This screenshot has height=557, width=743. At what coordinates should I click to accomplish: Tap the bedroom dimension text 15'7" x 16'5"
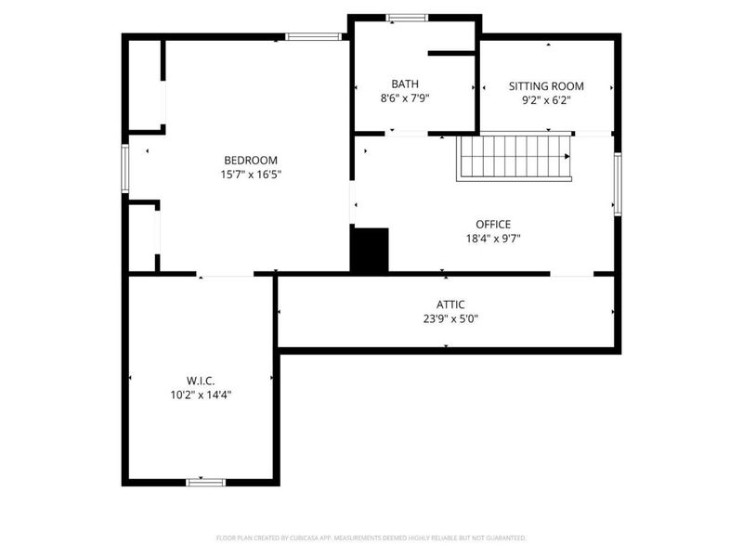coord(251,174)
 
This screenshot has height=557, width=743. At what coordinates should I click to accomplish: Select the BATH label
coord(404,83)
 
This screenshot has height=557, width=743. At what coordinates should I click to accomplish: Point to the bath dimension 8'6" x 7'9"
coord(404,97)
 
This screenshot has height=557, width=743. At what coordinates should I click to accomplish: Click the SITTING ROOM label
coord(546,86)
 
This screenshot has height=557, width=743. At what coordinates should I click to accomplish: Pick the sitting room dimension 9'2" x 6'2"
coord(546,100)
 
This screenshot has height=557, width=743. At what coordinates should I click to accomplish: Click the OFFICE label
coord(493,224)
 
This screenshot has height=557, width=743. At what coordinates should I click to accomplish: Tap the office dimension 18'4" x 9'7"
coord(493,238)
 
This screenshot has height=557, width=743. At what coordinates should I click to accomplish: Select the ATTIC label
coord(450,304)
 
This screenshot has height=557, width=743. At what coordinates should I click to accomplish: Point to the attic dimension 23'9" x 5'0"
coord(450,317)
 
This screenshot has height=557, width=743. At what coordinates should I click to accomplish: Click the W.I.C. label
coord(201,380)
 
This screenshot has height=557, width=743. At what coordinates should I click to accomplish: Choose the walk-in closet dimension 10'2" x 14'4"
coord(201,394)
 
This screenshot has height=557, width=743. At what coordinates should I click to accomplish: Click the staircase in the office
coord(513,158)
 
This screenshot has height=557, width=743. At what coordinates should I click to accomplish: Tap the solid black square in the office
coord(369,251)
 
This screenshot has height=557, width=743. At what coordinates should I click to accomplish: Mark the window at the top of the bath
coord(407,17)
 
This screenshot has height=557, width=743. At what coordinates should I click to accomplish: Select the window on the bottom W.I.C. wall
coord(205,482)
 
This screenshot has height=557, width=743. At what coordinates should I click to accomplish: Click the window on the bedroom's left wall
coord(125,168)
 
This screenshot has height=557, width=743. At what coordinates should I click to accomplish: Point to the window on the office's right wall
coord(617,184)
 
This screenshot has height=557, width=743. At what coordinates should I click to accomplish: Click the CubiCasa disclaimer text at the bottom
coord(371,538)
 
